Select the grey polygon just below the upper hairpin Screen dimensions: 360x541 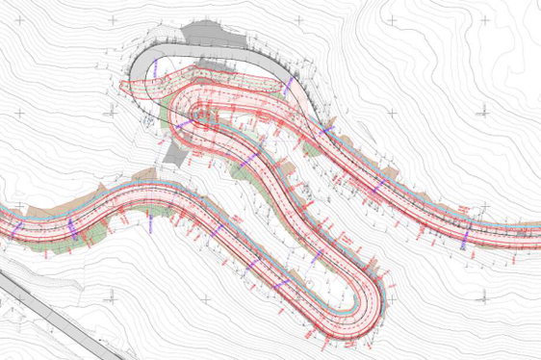174,148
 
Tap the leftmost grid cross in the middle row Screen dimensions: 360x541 18,113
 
